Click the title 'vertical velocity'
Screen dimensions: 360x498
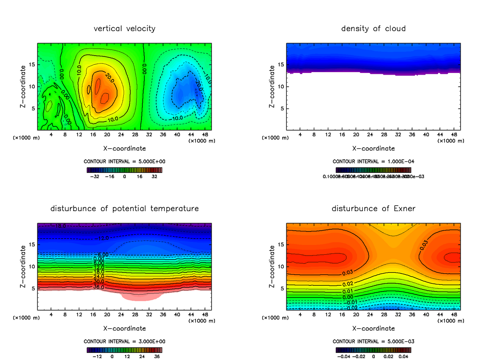[x=124, y=29]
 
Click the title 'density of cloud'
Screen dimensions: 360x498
[x=373, y=29]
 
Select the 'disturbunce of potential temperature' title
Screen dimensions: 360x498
[x=124, y=208]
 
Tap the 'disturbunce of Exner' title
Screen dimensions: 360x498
[x=373, y=208]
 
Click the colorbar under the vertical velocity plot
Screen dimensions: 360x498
[x=124, y=170]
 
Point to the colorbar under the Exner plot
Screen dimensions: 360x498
[x=373, y=349]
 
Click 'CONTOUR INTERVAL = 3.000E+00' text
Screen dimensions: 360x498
[x=124, y=341]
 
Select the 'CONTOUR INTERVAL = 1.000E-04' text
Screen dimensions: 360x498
[x=373, y=162]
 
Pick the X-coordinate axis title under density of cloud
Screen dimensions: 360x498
[x=373, y=148]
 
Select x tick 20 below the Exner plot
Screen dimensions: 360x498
[x=356, y=315]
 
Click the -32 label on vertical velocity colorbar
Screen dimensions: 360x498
[x=96, y=176]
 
